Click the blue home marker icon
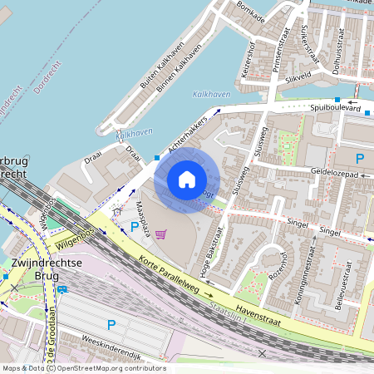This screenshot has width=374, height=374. tap(187, 179)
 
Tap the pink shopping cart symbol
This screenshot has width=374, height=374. tap(160, 234)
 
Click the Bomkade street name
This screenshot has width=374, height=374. tap(250, 12)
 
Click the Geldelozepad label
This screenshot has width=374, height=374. tap(333, 174)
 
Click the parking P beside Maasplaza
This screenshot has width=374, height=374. tap(134, 226)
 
